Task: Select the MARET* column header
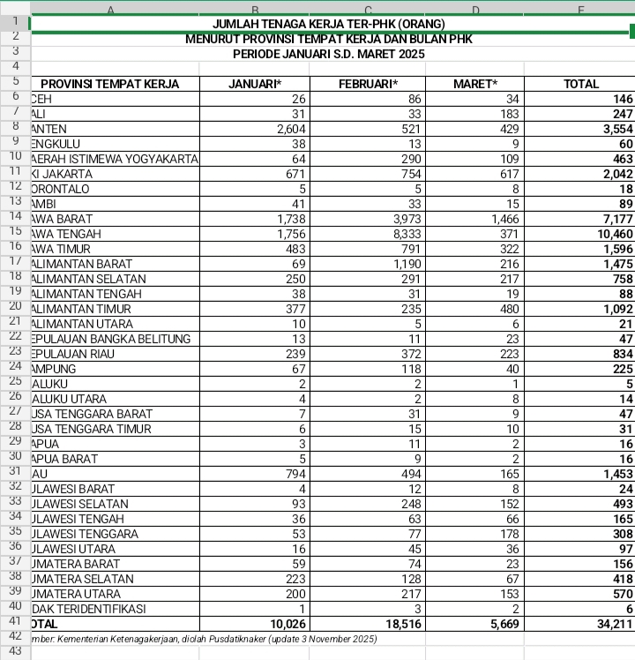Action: [475, 84]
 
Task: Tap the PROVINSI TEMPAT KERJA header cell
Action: [110, 84]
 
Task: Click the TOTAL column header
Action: [581, 84]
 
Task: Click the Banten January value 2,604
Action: [286, 129]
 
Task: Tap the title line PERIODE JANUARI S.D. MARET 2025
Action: [328, 54]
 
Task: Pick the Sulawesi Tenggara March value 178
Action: [511, 534]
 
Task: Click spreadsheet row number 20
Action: [15, 307]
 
